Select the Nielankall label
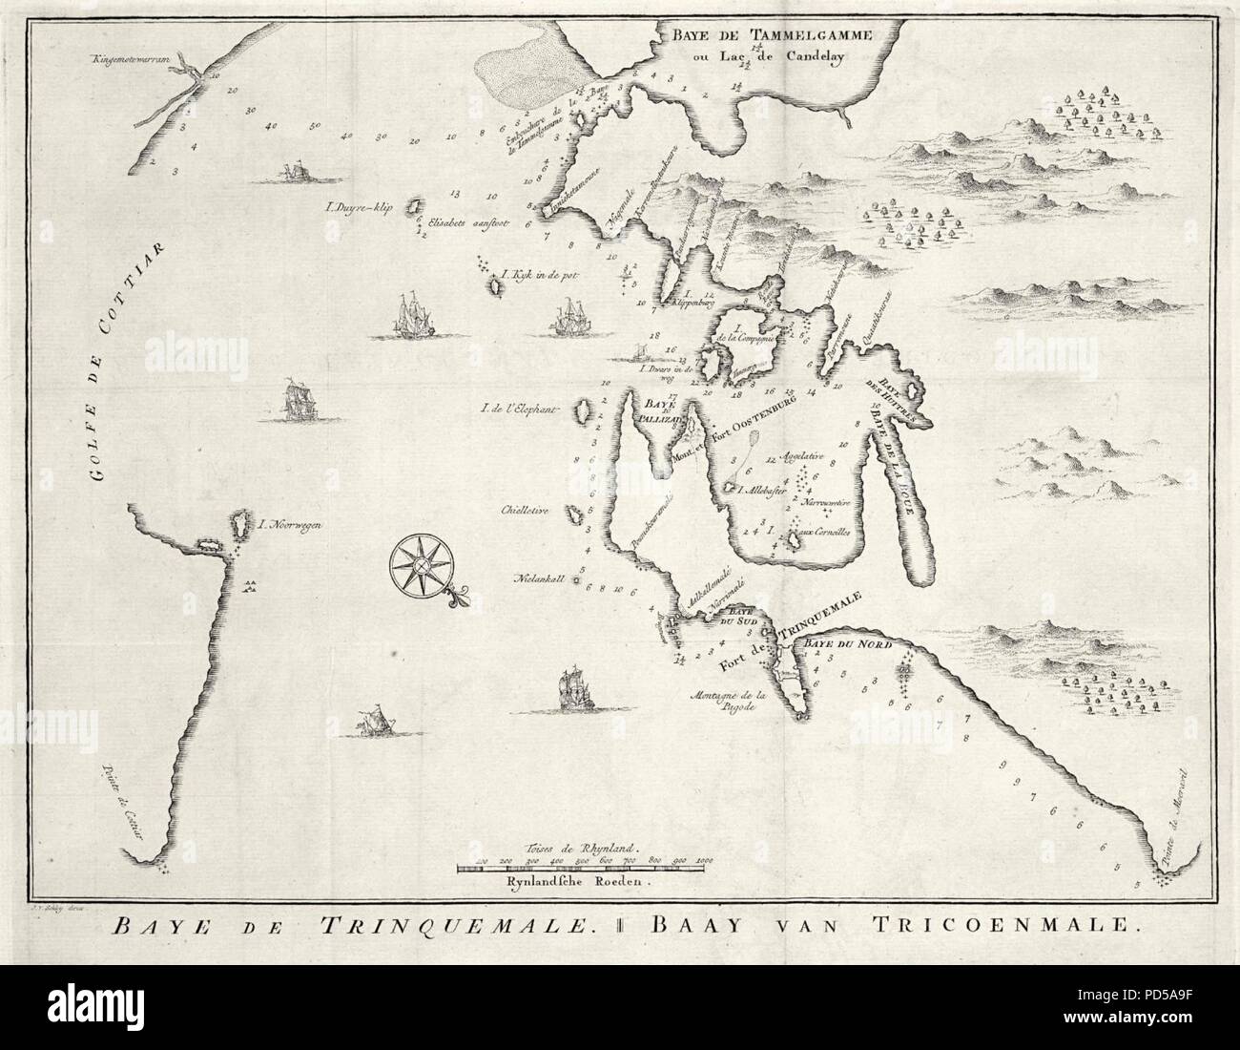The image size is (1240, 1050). (x=541, y=578)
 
